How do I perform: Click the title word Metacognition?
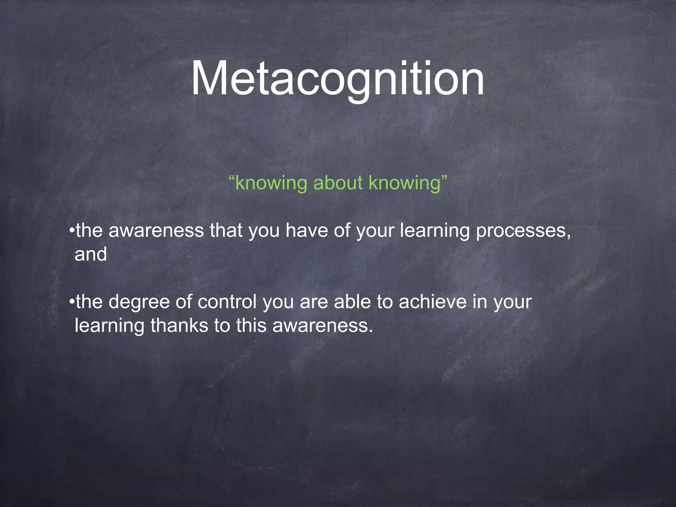(337, 79)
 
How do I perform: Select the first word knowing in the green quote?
(271, 183)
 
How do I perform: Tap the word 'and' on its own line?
(91, 254)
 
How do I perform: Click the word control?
(227, 302)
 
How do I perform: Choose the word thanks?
(179, 325)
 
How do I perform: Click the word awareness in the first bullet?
(156, 230)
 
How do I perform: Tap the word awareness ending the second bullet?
(322, 325)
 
